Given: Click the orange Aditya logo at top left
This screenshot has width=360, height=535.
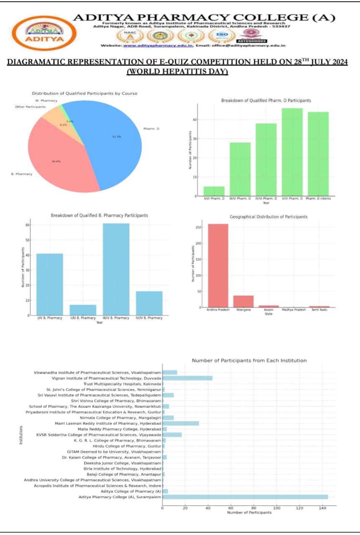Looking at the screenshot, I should tap(44, 33).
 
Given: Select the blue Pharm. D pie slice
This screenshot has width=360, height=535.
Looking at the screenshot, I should tap(113, 142).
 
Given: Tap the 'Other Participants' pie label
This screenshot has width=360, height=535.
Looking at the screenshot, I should tap(31, 107).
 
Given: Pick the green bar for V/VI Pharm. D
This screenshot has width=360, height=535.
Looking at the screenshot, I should tap(292, 152).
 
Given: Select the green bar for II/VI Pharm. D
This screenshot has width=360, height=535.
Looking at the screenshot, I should tap(214, 191).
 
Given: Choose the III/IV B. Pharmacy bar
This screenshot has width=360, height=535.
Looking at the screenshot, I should tap(116, 269).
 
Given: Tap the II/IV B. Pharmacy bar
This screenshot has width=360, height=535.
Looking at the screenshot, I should tap(83, 310).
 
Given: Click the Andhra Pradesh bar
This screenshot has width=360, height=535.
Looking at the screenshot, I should tap(218, 265).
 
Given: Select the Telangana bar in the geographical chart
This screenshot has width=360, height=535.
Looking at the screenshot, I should tap(243, 301).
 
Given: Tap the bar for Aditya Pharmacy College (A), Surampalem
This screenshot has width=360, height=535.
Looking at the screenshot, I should tap(245, 497).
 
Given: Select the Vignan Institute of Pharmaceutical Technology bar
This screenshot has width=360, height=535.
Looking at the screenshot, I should tap(187, 378).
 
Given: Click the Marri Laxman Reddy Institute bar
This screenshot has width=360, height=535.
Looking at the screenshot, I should tap(181, 423).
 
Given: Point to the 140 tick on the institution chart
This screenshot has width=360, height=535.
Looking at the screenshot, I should tap(322, 508).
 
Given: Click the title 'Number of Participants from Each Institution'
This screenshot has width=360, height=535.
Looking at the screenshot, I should tap(249, 360).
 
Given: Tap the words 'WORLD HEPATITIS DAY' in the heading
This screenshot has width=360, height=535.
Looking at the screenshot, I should tap(177, 71).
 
